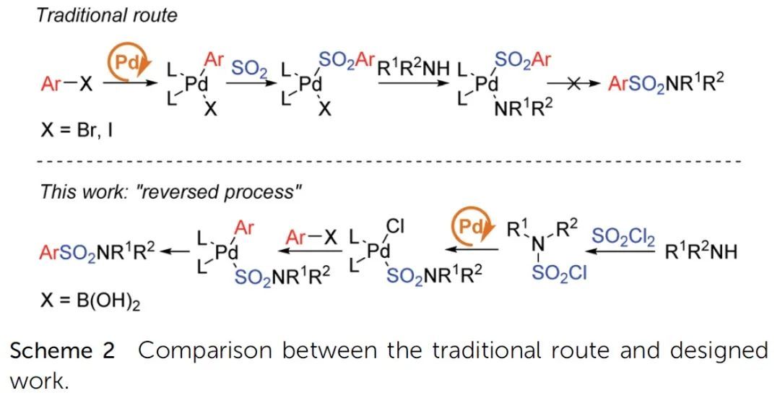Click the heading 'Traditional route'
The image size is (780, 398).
(107, 15)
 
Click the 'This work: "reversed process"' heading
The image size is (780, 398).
(170, 191)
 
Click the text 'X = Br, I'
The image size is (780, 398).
(79, 132)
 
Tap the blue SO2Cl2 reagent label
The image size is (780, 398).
(623, 235)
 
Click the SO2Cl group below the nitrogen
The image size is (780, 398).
(558, 274)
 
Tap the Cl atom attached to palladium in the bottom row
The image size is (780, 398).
(394, 226)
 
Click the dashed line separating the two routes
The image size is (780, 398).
(390, 160)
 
